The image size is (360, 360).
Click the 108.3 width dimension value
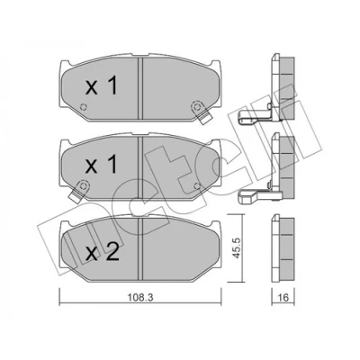140,298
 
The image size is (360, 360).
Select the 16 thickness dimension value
283,298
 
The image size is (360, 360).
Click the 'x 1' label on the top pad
102,85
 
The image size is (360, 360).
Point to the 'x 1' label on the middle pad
102,166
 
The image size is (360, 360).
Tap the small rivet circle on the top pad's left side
84,107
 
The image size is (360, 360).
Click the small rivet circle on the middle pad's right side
197,186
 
